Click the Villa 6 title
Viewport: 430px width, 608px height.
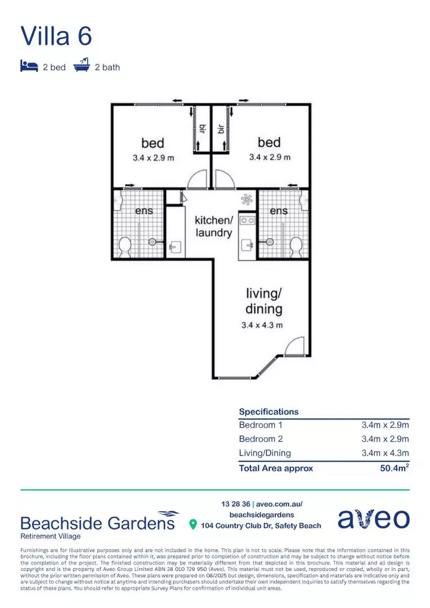(x=56, y=35)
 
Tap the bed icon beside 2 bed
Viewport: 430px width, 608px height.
(x=29, y=66)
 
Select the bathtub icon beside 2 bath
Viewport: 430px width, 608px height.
(x=82, y=66)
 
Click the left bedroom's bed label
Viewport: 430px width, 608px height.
(x=153, y=143)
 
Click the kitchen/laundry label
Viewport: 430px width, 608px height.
(x=213, y=226)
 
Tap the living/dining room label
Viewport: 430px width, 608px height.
(x=263, y=301)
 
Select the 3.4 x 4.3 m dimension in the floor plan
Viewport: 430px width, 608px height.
(x=262, y=325)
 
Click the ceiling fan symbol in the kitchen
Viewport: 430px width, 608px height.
(x=247, y=199)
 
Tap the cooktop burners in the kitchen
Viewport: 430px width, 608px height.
(x=247, y=221)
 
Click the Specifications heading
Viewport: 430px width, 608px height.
(x=268, y=412)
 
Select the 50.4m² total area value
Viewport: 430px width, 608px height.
(x=395, y=468)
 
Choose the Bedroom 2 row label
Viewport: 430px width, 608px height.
(x=261, y=439)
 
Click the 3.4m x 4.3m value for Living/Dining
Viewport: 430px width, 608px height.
(x=385, y=453)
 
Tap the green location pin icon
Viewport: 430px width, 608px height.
(x=193, y=525)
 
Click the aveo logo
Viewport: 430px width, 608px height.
(x=373, y=519)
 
